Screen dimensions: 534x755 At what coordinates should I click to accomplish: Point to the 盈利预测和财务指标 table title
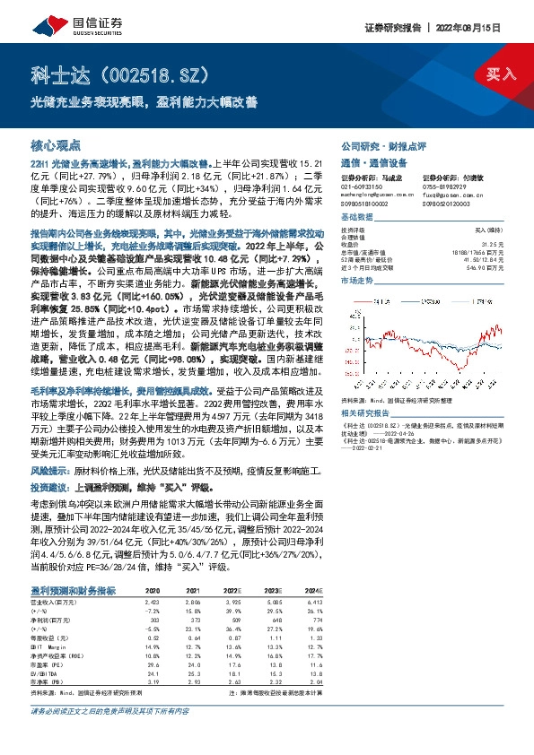point(74,566)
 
